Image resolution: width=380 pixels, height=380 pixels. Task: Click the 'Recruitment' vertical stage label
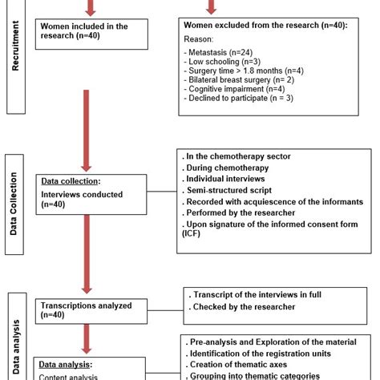tap(15, 52)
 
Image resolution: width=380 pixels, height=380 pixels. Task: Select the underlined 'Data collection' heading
tap(71, 180)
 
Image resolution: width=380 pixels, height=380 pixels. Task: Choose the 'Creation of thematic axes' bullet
tap(238, 365)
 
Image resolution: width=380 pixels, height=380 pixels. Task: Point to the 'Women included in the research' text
tap(84, 30)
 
